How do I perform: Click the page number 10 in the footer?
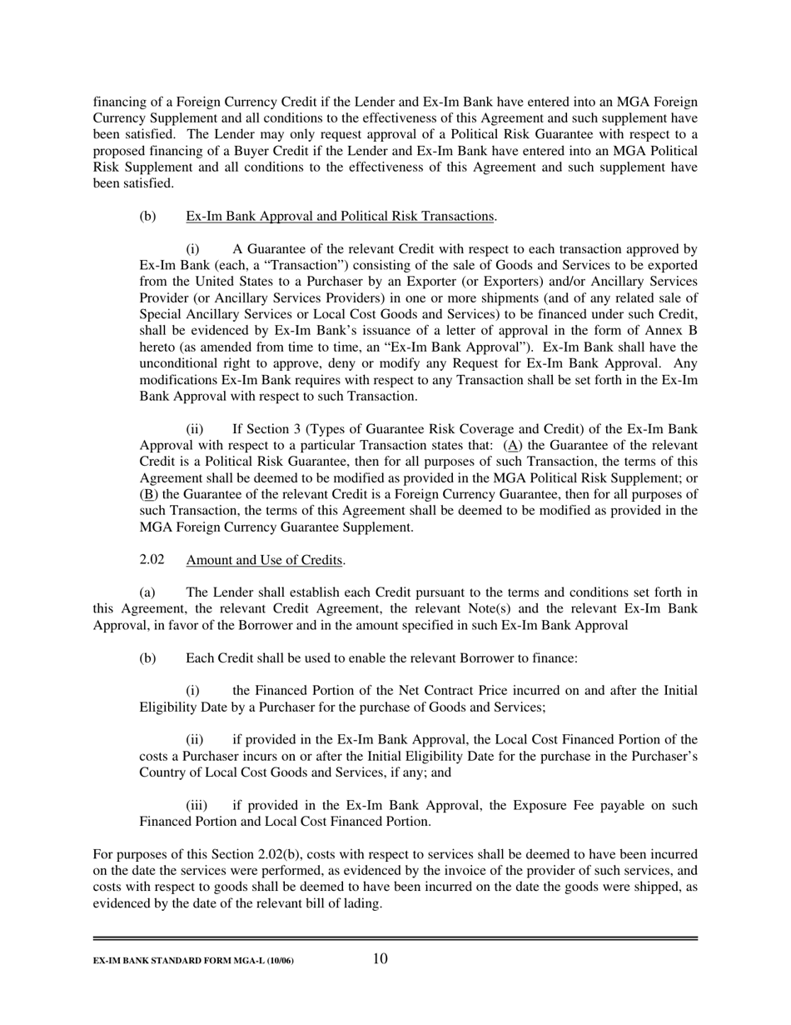pyautogui.click(x=380, y=958)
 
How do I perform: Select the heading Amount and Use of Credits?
pyautogui.click(x=265, y=560)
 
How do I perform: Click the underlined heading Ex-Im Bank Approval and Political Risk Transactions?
pyautogui.click(x=340, y=217)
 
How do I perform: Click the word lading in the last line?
pyautogui.click(x=360, y=903)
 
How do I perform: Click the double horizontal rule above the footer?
pyautogui.click(x=395, y=938)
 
